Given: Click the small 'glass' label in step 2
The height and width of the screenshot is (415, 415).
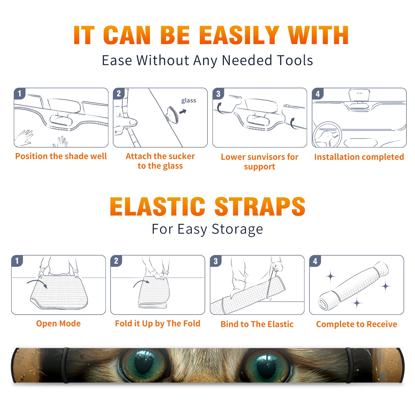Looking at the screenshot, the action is (189, 101).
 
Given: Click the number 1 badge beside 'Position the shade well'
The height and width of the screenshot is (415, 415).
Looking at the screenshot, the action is (19, 93).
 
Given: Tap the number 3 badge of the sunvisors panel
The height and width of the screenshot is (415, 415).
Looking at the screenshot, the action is (218, 94).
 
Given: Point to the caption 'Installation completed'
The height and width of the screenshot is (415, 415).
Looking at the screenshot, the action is (359, 157).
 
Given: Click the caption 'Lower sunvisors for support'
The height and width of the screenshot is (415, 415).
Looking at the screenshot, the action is (260, 162).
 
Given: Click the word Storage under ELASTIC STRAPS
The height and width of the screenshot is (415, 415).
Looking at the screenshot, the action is (237, 229).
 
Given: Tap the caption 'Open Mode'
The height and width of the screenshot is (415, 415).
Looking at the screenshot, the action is (58, 323).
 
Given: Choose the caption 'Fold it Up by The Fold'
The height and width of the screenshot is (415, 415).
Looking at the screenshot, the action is (158, 324).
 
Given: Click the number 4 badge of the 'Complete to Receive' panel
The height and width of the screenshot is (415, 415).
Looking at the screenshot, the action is (315, 261).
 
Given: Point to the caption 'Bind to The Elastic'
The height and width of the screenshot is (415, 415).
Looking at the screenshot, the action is (257, 324).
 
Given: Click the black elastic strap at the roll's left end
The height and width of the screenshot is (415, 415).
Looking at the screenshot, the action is (65, 365).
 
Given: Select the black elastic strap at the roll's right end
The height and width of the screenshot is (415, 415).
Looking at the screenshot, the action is (349, 365).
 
